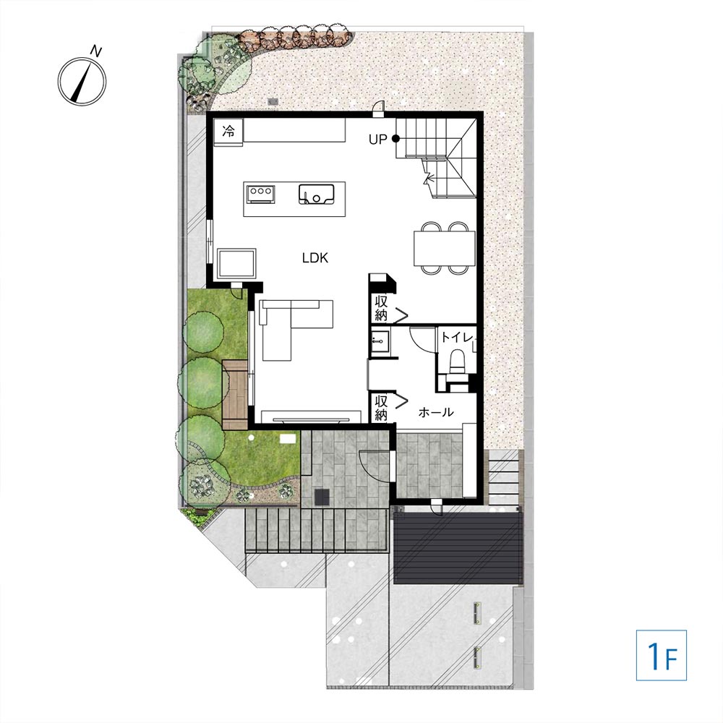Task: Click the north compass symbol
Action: [x=82, y=82]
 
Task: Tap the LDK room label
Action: [x=315, y=258]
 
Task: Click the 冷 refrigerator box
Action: [x=228, y=132]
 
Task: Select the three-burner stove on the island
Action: [x=261, y=194]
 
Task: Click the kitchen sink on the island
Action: [x=317, y=194]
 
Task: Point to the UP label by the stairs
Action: [x=377, y=140]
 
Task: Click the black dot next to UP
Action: [x=395, y=138]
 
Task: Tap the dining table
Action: [x=445, y=249]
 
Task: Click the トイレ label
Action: [x=457, y=338]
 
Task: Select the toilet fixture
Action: [x=457, y=361]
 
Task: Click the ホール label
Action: [x=436, y=412]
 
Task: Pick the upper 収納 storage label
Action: [x=381, y=309]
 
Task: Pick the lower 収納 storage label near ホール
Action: [x=381, y=408]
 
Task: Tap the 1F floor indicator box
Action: [x=662, y=655]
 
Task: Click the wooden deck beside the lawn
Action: [x=235, y=395]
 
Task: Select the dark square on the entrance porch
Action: [x=322, y=497]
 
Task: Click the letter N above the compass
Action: [x=95, y=51]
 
